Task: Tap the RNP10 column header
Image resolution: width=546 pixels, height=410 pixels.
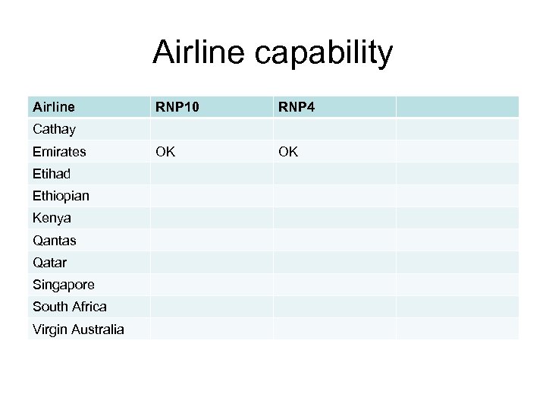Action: coord(178,107)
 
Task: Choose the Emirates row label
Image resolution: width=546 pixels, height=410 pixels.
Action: coord(58,152)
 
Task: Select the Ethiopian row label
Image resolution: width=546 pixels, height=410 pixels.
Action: coord(61,196)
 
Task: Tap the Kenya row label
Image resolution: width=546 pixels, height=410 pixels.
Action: coord(52,218)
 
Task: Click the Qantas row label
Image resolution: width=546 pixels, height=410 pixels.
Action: coord(54,241)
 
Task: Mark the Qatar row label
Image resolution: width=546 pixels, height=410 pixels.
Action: coord(49,263)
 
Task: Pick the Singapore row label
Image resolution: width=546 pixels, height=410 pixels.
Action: coord(64,285)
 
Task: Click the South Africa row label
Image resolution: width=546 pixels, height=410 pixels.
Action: coord(69,307)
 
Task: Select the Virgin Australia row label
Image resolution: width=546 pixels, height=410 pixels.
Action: coord(78,330)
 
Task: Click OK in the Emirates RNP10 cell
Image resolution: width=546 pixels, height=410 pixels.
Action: coord(165,152)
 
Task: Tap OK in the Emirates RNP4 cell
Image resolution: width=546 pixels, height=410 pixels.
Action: coord(288,152)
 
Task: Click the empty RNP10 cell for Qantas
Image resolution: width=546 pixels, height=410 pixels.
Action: coord(211,241)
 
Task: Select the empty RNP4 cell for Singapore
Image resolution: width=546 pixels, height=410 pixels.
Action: coord(334,285)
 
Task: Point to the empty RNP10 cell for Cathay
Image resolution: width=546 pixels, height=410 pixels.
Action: coord(211,129)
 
